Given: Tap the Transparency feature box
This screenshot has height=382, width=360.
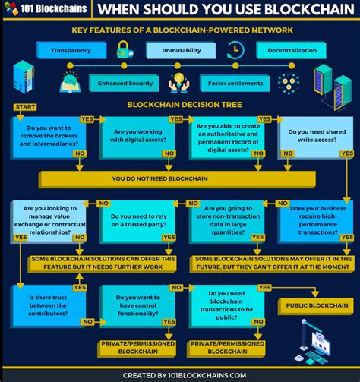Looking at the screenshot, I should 71,50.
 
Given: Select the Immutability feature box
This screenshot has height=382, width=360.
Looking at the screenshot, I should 182,50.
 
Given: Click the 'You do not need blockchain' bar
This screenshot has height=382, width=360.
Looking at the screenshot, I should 176,179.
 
